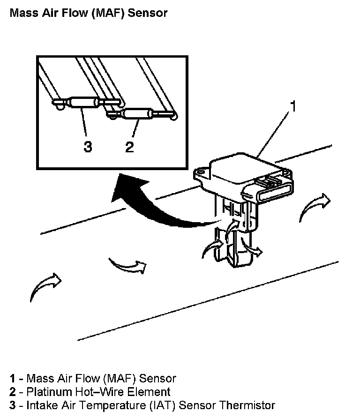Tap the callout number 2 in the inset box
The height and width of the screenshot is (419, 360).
coord(129,147)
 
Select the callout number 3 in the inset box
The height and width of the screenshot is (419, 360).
coord(88,147)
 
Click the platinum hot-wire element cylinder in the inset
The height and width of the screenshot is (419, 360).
coord(136,113)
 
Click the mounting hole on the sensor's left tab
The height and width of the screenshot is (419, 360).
coord(201,173)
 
